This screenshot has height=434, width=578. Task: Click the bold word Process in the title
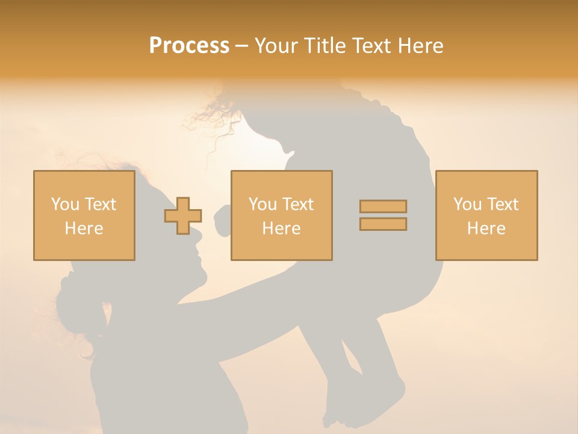(x=189, y=46)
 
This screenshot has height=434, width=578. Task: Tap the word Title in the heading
(x=326, y=46)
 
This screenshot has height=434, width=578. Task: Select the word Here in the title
(x=419, y=46)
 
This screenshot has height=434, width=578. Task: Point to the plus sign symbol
(x=183, y=216)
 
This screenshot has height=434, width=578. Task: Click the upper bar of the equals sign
(x=383, y=206)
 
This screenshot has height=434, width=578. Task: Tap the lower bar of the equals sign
(x=383, y=224)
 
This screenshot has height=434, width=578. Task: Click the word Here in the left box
(x=84, y=228)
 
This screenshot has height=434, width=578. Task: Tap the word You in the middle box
(x=263, y=204)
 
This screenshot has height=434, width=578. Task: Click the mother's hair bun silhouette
(x=75, y=301)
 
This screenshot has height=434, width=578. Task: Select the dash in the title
(x=241, y=46)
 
